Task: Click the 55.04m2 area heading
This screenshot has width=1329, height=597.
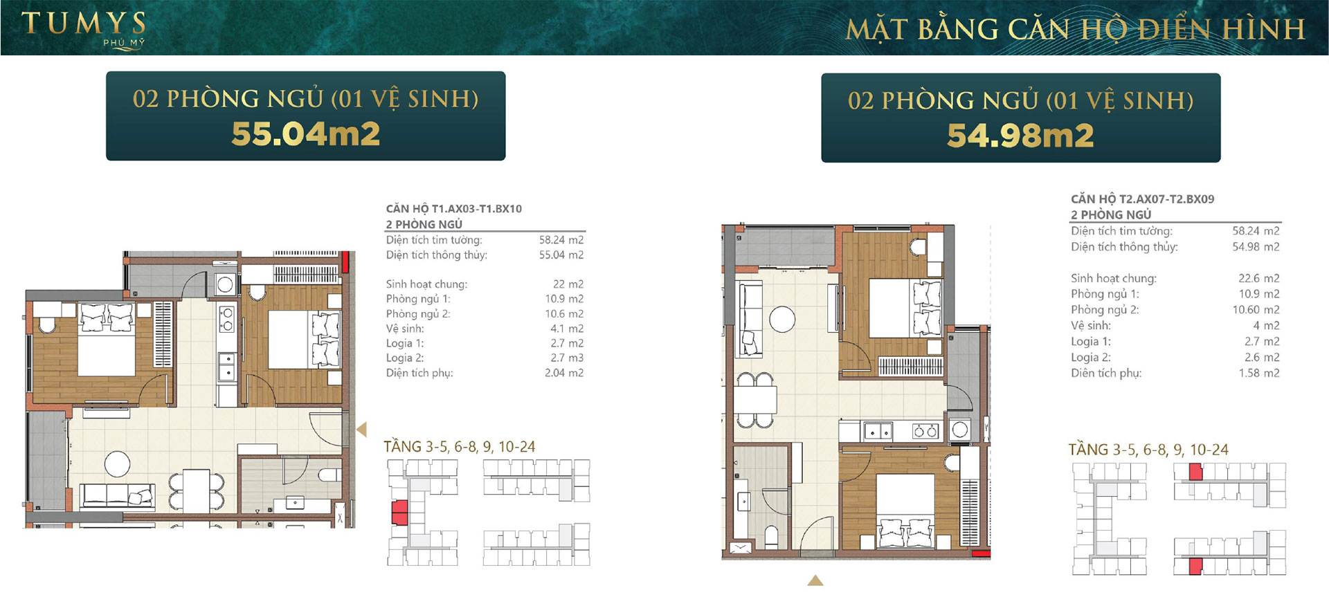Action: [305, 134]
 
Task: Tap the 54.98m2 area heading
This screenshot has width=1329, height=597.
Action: [1020, 136]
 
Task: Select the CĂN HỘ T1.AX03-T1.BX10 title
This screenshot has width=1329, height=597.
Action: [454, 208]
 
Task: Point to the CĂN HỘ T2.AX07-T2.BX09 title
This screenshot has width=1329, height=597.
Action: [1142, 199]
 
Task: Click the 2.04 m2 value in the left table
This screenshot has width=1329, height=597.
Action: [564, 373]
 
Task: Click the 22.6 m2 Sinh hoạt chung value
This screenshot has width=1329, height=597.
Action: [1259, 278]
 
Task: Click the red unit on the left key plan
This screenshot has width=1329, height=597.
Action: [399, 513]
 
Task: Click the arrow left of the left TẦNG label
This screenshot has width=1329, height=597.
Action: [361, 430]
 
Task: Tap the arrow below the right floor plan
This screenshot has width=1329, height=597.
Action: [815, 580]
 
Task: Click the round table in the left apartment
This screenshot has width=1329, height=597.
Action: [117, 463]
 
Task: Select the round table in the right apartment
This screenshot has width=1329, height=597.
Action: [782, 319]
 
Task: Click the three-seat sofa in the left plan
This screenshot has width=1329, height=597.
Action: [116, 495]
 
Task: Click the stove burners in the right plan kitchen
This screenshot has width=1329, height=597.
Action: [925, 432]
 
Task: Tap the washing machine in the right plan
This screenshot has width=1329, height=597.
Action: [959, 430]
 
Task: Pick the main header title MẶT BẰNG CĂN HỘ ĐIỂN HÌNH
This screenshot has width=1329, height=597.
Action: [1075, 29]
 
